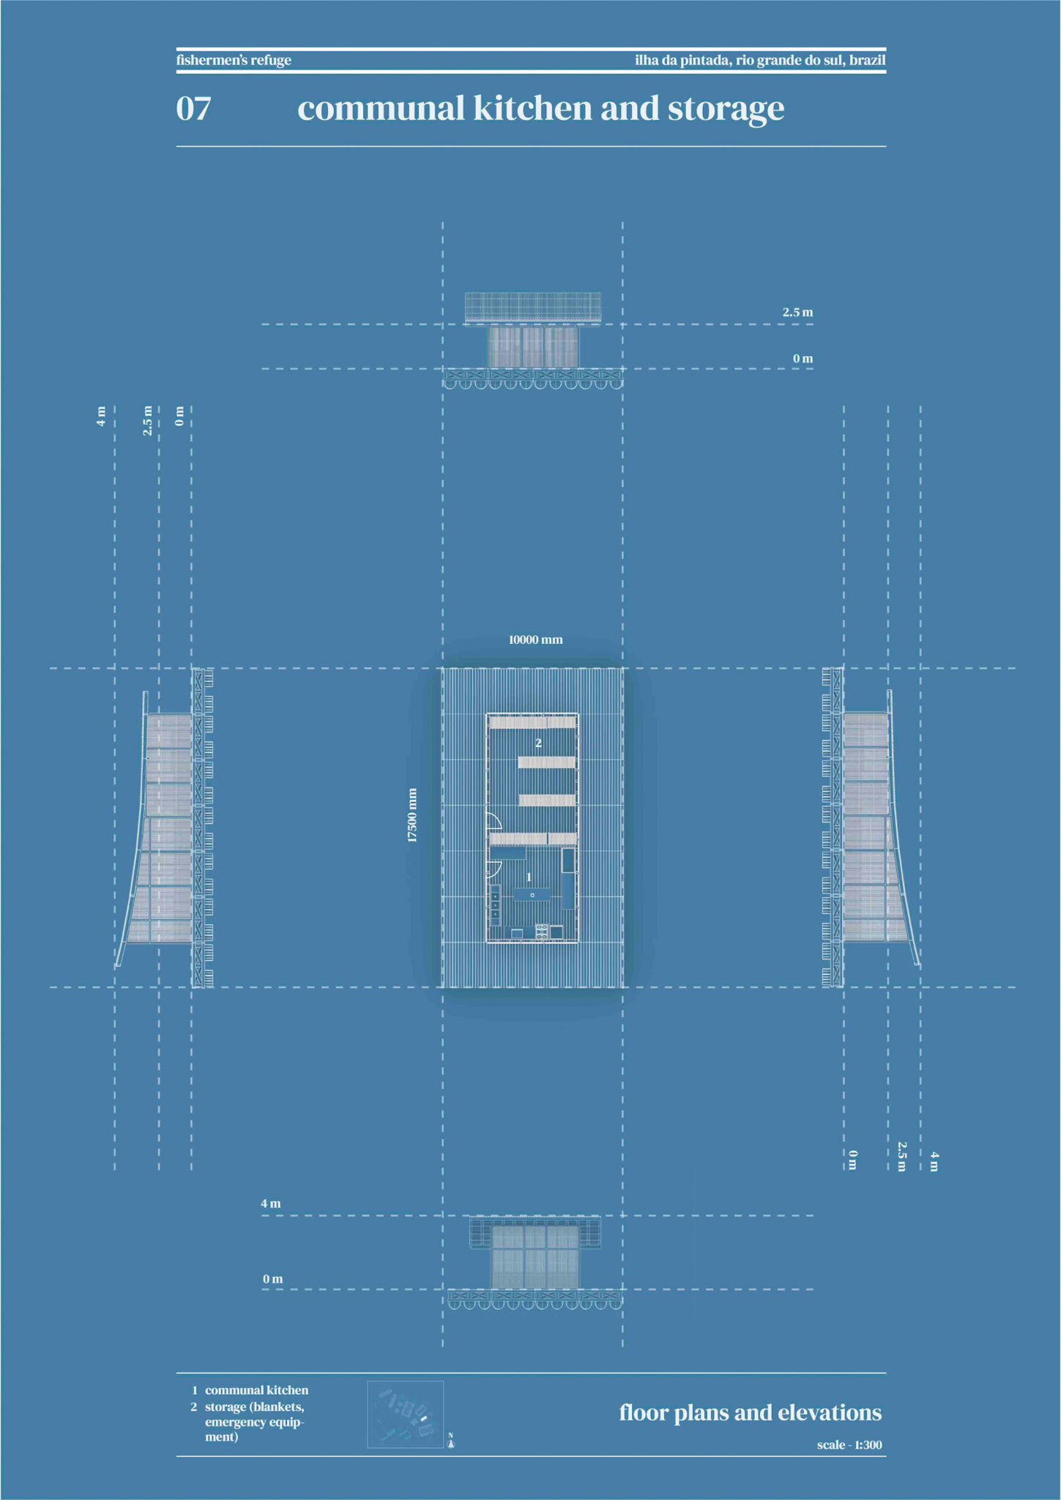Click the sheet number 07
coord(193,108)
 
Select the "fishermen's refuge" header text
coord(234,60)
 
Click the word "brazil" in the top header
coord(868,60)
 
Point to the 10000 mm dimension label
coord(535,639)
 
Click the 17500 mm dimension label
coord(412,815)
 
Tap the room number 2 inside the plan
coord(538,743)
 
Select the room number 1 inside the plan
coord(529,877)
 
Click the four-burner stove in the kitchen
coord(542,932)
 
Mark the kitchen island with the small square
coord(532,894)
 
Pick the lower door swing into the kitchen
coord(494,869)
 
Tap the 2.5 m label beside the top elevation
coord(797,312)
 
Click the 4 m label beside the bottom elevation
coord(270,1203)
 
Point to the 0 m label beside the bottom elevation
coord(272,1279)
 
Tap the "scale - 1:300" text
coord(849,1445)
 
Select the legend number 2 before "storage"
coord(194,1407)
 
